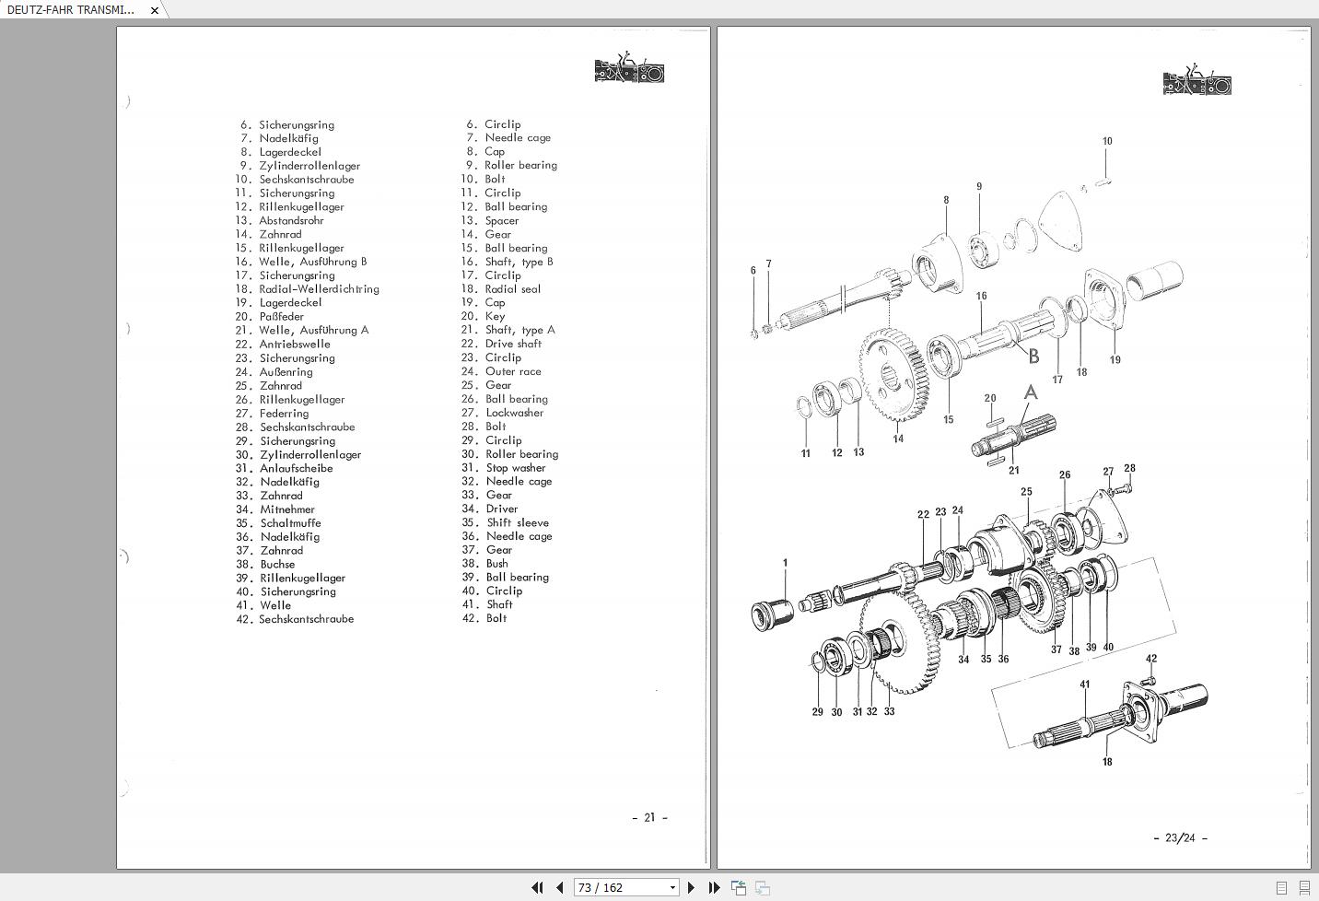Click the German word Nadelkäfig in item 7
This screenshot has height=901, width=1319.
(x=288, y=138)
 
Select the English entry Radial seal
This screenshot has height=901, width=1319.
(x=512, y=288)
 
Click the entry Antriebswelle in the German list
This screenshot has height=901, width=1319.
(x=295, y=344)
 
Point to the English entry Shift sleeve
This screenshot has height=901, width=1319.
(x=518, y=522)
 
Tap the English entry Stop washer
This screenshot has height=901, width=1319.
(x=516, y=468)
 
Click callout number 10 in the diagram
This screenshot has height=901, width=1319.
(x=1107, y=141)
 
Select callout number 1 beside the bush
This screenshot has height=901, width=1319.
(x=785, y=562)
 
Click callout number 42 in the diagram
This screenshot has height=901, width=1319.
(x=1151, y=659)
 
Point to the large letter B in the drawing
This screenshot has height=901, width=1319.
(x=1033, y=356)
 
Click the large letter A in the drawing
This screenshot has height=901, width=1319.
(x=1031, y=392)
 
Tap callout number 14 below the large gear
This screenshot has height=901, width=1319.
(x=897, y=439)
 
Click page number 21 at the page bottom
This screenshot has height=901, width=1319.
(x=649, y=817)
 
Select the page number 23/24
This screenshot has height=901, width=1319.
(x=1180, y=837)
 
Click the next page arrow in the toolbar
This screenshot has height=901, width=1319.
(x=692, y=887)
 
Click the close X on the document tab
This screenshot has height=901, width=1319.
(x=155, y=10)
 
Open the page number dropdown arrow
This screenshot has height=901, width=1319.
(x=672, y=887)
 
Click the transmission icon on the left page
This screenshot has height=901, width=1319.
(x=629, y=68)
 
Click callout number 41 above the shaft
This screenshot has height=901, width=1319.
(x=1085, y=684)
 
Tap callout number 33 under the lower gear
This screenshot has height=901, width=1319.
(x=889, y=711)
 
